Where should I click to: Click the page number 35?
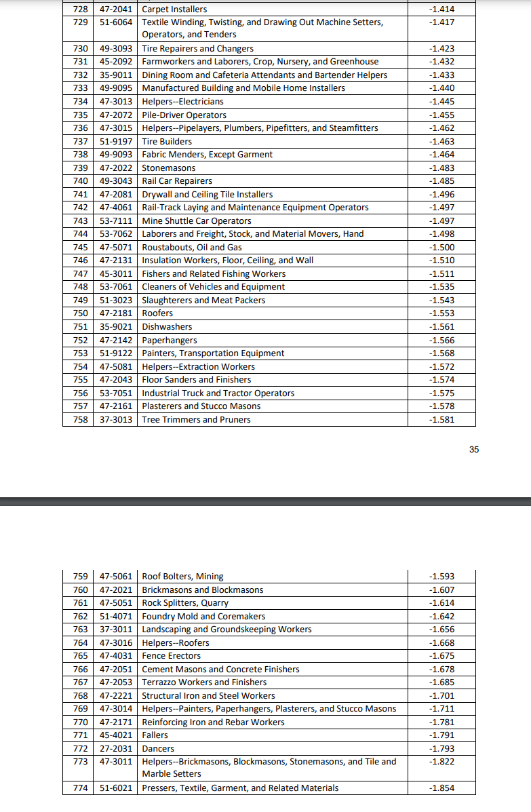(473, 448)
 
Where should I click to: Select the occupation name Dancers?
(158, 748)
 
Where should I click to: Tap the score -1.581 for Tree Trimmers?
(442, 419)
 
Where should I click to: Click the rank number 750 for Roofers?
(80, 313)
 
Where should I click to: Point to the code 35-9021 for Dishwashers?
(116, 327)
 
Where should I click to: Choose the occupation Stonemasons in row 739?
(169, 168)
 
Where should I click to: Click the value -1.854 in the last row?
(442, 788)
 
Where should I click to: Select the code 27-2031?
(116, 748)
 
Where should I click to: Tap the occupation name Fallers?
(155, 735)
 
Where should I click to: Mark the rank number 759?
(80, 577)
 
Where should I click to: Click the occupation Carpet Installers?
(174, 9)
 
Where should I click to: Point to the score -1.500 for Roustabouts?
(442, 248)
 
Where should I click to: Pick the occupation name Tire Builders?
(167, 142)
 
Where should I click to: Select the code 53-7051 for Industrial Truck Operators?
(116, 393)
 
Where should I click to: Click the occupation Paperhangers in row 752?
(170, 341)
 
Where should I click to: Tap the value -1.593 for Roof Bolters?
(442, 577)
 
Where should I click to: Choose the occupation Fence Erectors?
(172, 656)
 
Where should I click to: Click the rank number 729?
(80, 22)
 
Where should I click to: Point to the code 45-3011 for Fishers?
(116, 274)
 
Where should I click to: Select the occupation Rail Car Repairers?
(177, 181)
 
